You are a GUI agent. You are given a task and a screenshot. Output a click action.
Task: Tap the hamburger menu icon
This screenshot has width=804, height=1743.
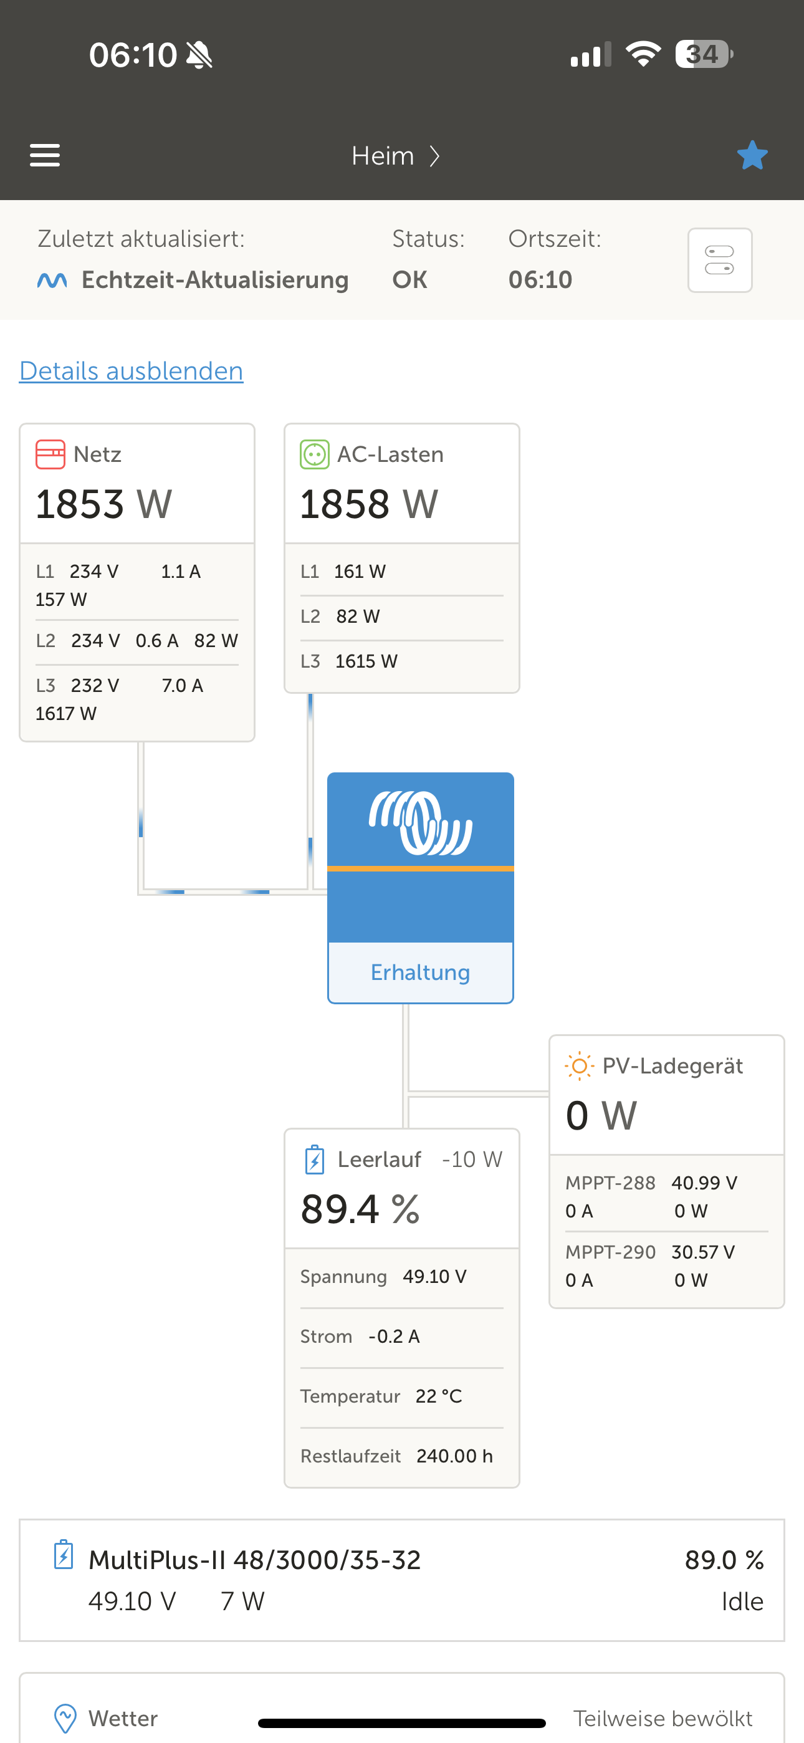(x=45, y=155)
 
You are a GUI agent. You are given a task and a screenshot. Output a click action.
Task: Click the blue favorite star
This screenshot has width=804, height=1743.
(x=752, y=155)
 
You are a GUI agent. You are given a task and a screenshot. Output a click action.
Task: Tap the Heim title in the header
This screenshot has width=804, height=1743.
(x=383, y=156)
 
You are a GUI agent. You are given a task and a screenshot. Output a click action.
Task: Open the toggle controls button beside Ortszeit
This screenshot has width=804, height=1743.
(x=719, y=260)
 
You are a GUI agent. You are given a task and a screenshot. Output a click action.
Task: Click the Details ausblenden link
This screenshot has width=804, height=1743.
(x=132, y=371)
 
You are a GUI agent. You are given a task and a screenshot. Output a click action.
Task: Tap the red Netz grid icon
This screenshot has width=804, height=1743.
(x=50, y=454)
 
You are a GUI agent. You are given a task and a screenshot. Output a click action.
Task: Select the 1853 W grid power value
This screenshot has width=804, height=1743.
(x=103, y=504)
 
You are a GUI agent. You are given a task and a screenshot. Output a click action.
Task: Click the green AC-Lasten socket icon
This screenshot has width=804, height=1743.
(x=315, y=454)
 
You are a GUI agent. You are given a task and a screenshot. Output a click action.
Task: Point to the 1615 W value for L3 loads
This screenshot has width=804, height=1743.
(x=366, y=661)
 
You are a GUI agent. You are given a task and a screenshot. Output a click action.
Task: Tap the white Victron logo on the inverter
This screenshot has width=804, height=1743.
(x=420, y=822)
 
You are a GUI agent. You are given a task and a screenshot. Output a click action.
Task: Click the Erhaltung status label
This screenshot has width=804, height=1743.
(x=420, y=972)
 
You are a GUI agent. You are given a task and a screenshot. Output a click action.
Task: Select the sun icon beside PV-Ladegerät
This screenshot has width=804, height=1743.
(x=579, y=1067)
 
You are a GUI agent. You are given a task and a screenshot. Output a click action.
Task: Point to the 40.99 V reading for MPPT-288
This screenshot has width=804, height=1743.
(x=704, y=1183)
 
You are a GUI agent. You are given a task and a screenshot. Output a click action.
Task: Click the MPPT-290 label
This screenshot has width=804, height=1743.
(x=610, y=1252)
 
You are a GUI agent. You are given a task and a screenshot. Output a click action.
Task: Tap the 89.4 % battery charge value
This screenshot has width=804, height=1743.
(x=360, y=1209)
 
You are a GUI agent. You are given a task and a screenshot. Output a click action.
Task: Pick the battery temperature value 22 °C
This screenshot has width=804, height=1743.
(x=439, y=1396)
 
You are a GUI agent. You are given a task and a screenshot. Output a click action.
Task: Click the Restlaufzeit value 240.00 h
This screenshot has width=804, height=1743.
(x=455, y=1456)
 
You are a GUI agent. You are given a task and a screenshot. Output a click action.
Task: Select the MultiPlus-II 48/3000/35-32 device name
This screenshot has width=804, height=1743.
(x=254, y=1560)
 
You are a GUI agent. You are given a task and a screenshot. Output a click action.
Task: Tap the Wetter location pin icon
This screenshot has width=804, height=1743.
(x=65, y=1718)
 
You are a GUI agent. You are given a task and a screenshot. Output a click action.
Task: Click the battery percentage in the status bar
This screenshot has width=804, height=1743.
(x=702, y=54)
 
